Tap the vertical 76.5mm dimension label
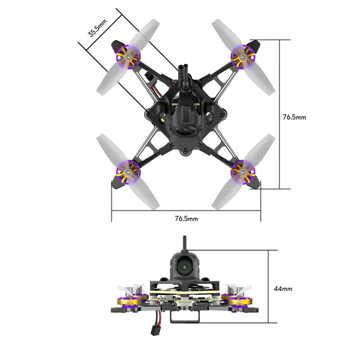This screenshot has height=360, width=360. coord(294,117)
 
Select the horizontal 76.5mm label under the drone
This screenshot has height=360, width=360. coord(186,219)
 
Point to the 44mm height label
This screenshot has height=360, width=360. coord(283,288)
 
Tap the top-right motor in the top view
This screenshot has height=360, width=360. coord(243,57)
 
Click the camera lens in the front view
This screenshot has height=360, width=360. coord(185,267)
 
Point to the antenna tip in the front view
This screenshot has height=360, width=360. coord(185,238)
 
